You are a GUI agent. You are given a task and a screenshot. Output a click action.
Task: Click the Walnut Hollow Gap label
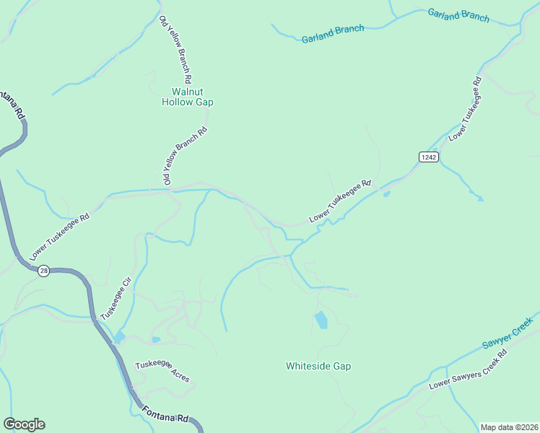(x=187, y=97)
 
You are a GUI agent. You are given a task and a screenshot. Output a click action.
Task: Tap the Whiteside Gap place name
(x=318, y=366)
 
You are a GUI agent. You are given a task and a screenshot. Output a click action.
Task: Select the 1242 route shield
(x=428, y=157)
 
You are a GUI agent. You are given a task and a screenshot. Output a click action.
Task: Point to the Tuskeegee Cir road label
(x=116, y=302)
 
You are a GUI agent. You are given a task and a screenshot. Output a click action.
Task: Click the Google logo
(x=24, y=424)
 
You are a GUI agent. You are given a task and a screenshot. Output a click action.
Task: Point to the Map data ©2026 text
(x=508, y=427)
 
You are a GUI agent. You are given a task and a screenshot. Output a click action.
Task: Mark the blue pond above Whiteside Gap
(x=321, y=319)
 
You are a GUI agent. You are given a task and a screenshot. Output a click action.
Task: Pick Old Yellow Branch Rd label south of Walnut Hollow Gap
(x=184, y=157)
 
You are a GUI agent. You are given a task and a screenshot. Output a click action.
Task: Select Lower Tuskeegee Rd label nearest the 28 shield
(x=60, y=237)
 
